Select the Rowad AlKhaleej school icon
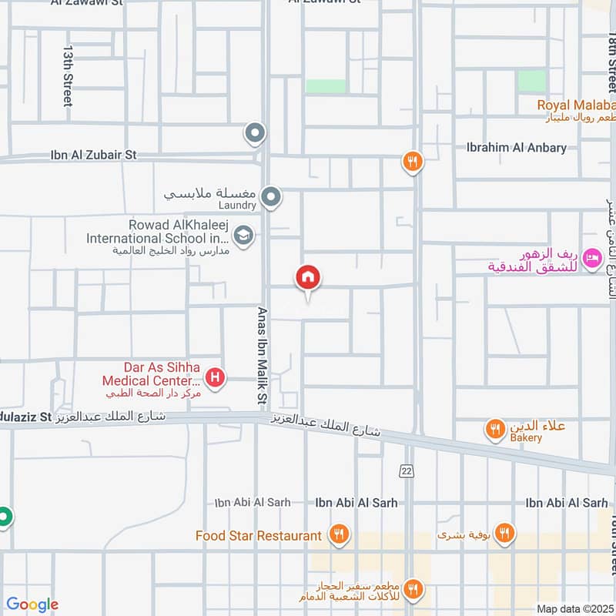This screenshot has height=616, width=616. (x=243, y=235)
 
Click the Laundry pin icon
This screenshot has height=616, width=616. (x=270, y=197)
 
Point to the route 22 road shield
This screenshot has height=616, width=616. (x=407, y=470)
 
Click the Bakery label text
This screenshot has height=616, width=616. (x=525, y=438)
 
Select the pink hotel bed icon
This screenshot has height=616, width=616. (x=592, y=258)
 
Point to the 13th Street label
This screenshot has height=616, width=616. (x=68, y=75)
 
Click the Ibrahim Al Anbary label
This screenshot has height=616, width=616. (x=517, y=147)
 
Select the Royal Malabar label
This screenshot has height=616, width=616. (x=577, y=105)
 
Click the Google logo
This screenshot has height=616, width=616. (x=32, y=604)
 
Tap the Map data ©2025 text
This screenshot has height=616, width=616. (x=574, y=608)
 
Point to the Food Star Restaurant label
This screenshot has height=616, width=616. (x=259, y=535)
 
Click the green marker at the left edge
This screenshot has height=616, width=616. (x=4, y=516)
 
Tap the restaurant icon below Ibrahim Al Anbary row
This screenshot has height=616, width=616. (x=413, y=161)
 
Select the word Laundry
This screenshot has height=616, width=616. (x=236, y=206)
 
